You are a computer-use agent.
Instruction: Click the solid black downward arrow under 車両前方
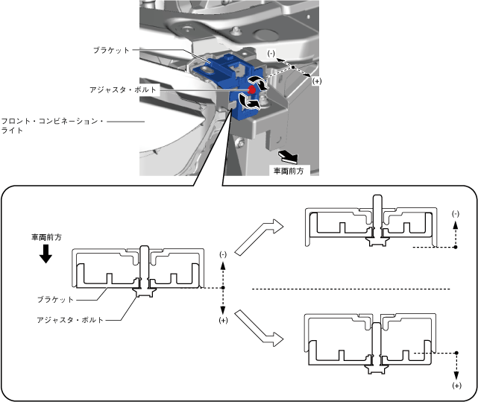pyautogui.click(x=46, y=254)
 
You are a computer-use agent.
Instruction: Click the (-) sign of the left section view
pyautogui.click(x=223, y=255)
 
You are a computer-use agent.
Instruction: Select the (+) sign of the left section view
pyautogui.click(x=223, y=320)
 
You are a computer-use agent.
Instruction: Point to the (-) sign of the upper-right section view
pyautogui.click(x=455, y=213)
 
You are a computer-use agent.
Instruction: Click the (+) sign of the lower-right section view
pyautogui.click(x=456, y=386)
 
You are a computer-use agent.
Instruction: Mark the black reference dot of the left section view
pyautogui.click(x=223, y=288)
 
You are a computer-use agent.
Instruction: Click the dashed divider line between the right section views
pyautogui.click(x=350, y=289)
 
